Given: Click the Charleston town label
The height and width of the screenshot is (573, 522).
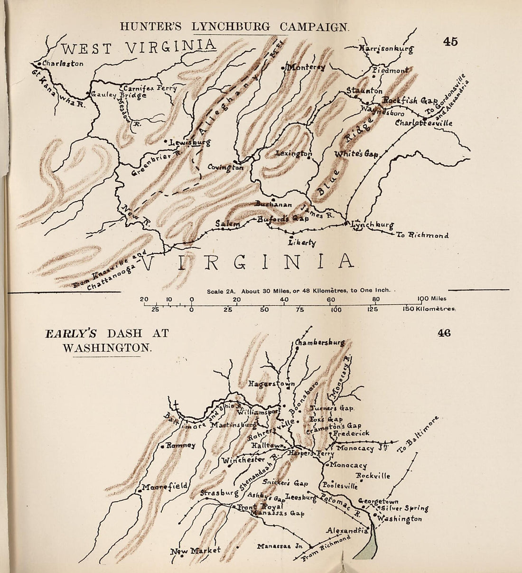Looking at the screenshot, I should tap(63, 64).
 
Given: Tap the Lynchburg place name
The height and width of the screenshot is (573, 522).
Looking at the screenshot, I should tap(373, 225).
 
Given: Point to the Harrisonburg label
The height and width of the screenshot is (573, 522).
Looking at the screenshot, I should tap(386, 48).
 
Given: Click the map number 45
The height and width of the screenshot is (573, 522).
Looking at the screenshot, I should tap(450, 42).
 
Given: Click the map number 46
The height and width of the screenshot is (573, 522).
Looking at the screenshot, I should tap(444, 333).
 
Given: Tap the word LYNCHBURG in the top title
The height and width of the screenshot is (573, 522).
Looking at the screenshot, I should tap(233, 27).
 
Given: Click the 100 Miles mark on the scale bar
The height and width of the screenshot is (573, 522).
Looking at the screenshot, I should tap(429, 299).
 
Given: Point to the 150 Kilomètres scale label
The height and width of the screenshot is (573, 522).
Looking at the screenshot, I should tap(429, 310).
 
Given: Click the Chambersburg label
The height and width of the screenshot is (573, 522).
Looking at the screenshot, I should tap(319, 342).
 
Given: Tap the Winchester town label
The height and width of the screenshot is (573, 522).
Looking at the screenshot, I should tap(243, 460).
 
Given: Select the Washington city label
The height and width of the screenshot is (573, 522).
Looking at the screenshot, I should tap(399, 519).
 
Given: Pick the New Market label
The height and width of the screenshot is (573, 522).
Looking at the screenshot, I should tap(196, 551).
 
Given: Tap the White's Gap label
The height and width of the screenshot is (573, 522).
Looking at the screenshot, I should tap(356, 154).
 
